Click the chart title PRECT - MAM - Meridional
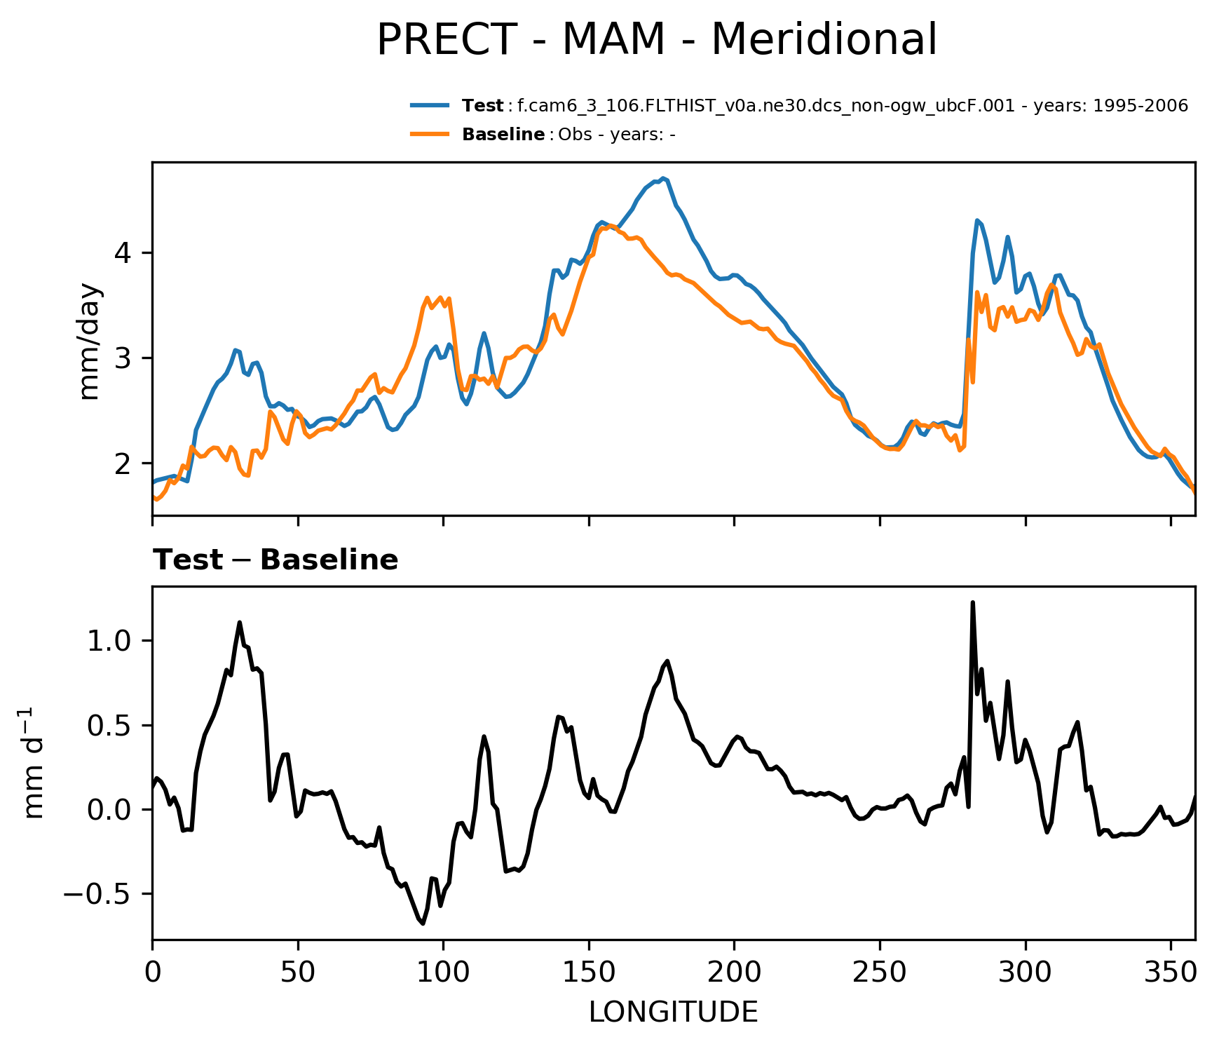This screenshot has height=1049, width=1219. pos(656,40)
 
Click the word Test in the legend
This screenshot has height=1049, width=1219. pos(482,106)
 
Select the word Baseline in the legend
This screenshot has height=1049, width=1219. pos(503,135)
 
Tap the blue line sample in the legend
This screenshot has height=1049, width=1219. pos(430,106)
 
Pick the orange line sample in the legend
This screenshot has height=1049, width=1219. pos(430,135)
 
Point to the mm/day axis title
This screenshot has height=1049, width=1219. pos(91,341)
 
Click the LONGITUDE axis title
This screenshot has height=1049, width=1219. pos(673,1013)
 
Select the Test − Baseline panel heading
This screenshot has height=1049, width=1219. pos(275,560)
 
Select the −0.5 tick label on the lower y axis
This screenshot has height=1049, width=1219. pos(97,895)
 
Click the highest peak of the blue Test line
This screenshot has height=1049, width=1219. pos(662,178)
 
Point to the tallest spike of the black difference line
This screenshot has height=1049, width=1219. pos(972,602)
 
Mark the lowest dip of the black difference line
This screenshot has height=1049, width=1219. pos(423,923)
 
